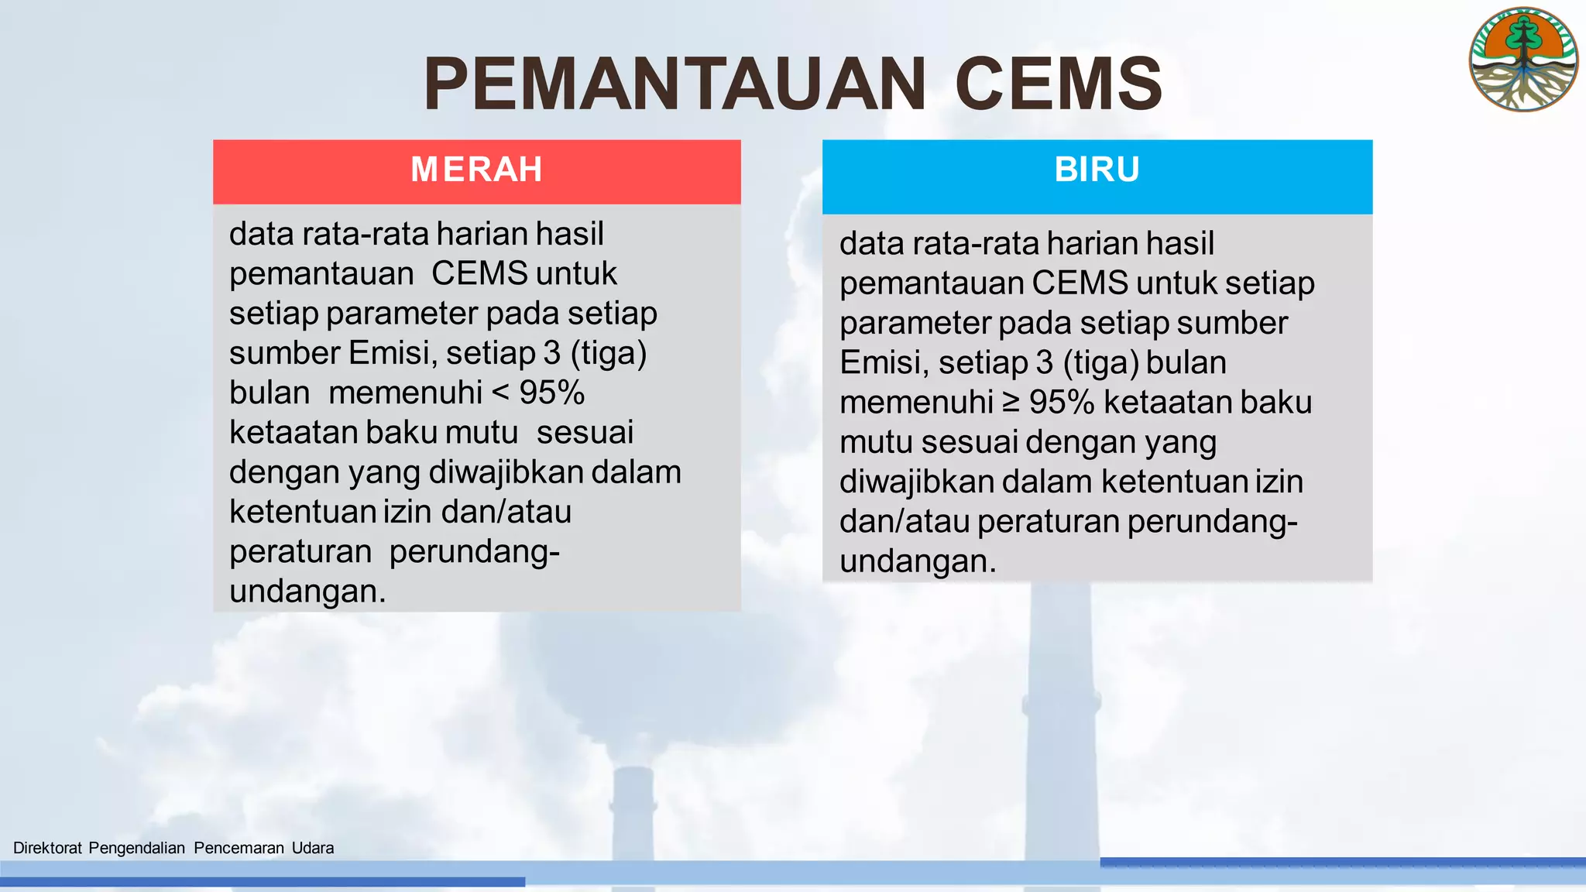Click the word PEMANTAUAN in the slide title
click(674, 84)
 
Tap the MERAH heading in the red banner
click(476, 170)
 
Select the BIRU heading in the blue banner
click(1097, 170)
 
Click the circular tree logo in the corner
click(1523, 60)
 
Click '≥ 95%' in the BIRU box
click(1049, 403)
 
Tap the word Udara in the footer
click(313, 848)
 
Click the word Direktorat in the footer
click(47, 848)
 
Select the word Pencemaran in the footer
click(239, 848)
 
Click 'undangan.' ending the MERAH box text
click(307, 592)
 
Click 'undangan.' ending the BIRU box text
click(918, 561)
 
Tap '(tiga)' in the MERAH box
click(608, 353)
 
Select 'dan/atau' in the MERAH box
click(506, 512)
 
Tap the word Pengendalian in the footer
click(136, 848)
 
